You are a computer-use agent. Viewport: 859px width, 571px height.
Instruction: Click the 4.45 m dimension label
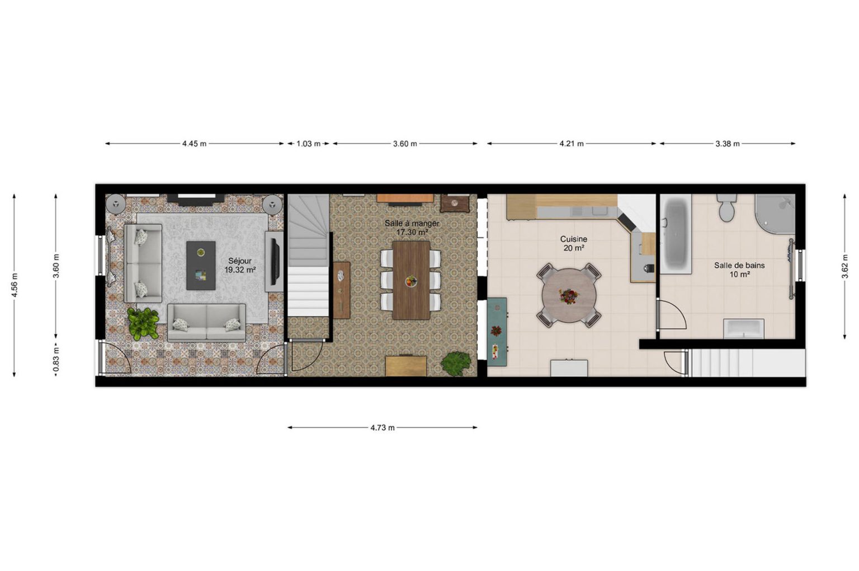click(x=194, y=144)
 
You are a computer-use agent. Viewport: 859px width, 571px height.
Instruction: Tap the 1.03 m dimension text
click(x=308, y=144)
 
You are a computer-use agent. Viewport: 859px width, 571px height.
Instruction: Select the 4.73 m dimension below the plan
click(x=383, y=428)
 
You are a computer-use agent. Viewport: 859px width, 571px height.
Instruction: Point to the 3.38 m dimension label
click(x=728, y=144)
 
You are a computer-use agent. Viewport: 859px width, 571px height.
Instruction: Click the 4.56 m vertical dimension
click(x=15, y=285)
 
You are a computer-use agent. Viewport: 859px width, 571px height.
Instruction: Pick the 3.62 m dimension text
click(x=845, y=267)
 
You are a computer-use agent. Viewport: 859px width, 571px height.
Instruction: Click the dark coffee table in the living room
click(x=201, y=266)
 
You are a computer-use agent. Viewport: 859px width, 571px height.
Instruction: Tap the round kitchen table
click(x=569, y=296)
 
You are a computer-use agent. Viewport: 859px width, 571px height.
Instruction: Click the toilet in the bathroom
click(x=726, y=207)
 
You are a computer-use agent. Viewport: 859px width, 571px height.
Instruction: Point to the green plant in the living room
click(x=143, y=324)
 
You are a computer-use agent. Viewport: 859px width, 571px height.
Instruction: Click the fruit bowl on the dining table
click(x=411, y=281)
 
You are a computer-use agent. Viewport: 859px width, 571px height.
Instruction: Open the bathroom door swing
click(x=671, y=315)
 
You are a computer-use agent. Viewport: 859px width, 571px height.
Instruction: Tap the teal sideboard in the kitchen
click(x=497, y=332)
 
